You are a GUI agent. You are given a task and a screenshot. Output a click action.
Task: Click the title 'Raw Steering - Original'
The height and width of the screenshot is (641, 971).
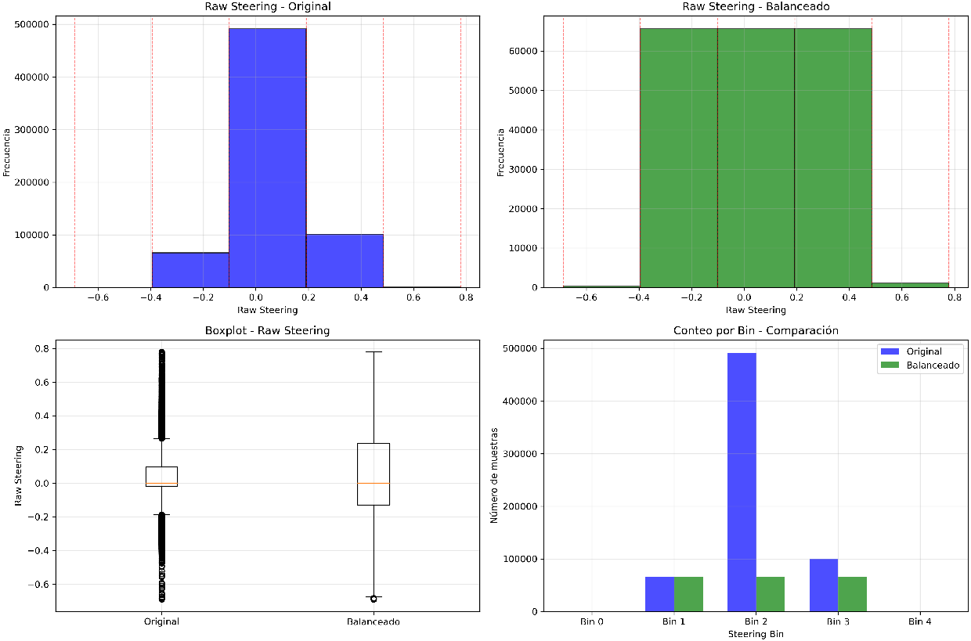pyautogui.click(x=267, y=6)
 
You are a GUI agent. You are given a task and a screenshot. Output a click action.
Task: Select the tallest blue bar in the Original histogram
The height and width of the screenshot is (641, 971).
pyautogui.click(x=267, y=157)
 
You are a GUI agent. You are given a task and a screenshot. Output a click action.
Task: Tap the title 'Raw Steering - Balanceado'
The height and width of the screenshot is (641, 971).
pyautogui.click(x=755, y=6)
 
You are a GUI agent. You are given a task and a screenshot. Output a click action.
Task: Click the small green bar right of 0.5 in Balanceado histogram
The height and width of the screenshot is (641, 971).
pyautogui.click(x=909, y=285)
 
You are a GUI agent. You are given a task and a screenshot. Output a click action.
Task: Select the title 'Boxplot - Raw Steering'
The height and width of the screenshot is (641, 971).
pyautogui.click(x=267, y=331)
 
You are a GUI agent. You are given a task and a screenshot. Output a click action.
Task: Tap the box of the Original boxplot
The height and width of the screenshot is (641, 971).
pyautogui.click(x=161, y=476)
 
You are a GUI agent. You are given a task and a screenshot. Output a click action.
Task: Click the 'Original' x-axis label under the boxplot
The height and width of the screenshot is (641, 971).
pyautogui.click(x=161, y=622)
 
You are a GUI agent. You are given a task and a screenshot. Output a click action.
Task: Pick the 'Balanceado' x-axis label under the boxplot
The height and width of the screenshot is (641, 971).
pyautogui.click(x=374, y=622)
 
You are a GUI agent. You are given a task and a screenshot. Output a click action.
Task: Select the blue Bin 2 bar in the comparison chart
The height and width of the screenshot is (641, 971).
pyautogui.click(x=742, y=481)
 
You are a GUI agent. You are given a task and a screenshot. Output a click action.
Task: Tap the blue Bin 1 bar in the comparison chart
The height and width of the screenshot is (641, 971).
pyautogui.click(x=659, y=594)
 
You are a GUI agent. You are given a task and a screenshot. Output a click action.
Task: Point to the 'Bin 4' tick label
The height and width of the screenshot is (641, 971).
pyautogui.click(x=920, y=622)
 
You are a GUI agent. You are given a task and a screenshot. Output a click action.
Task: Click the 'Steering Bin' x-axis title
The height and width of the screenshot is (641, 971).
pyautogui.click(x=756, y=634)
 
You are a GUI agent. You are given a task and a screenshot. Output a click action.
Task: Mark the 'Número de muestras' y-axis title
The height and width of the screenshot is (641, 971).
pyautogui.click(x=494, y=475)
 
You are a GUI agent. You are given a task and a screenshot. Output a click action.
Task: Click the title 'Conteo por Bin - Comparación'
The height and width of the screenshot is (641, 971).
pyautogui.click(x=756, y=331)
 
